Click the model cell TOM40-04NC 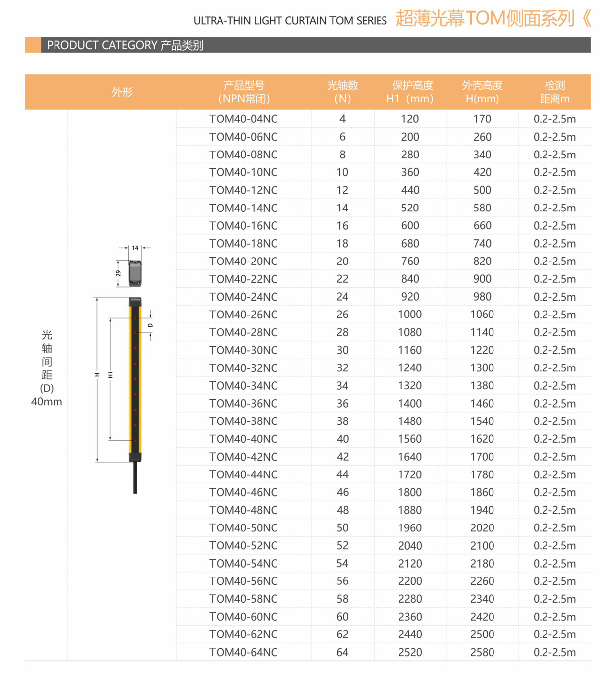(243, 119)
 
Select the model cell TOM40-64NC (243, 652)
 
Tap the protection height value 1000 (410, 315)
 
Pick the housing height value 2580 (482, 652)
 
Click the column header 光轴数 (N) (342, 92)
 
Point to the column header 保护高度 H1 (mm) (410, 92)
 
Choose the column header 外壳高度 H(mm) (482, 92)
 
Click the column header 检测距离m (554, 92)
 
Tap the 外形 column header (122, 92)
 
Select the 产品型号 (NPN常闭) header (244, 92)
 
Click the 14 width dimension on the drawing (135, 248)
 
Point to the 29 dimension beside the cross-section (118, 273)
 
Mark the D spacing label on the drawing (150, 325)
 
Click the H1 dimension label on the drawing (110, 375)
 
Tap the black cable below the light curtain (135, 478)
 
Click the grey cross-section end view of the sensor (135, 273)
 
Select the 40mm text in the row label (47, 402)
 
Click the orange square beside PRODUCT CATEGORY (33, 45)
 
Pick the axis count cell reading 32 (342, 368)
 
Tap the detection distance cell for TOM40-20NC (554, 262)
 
